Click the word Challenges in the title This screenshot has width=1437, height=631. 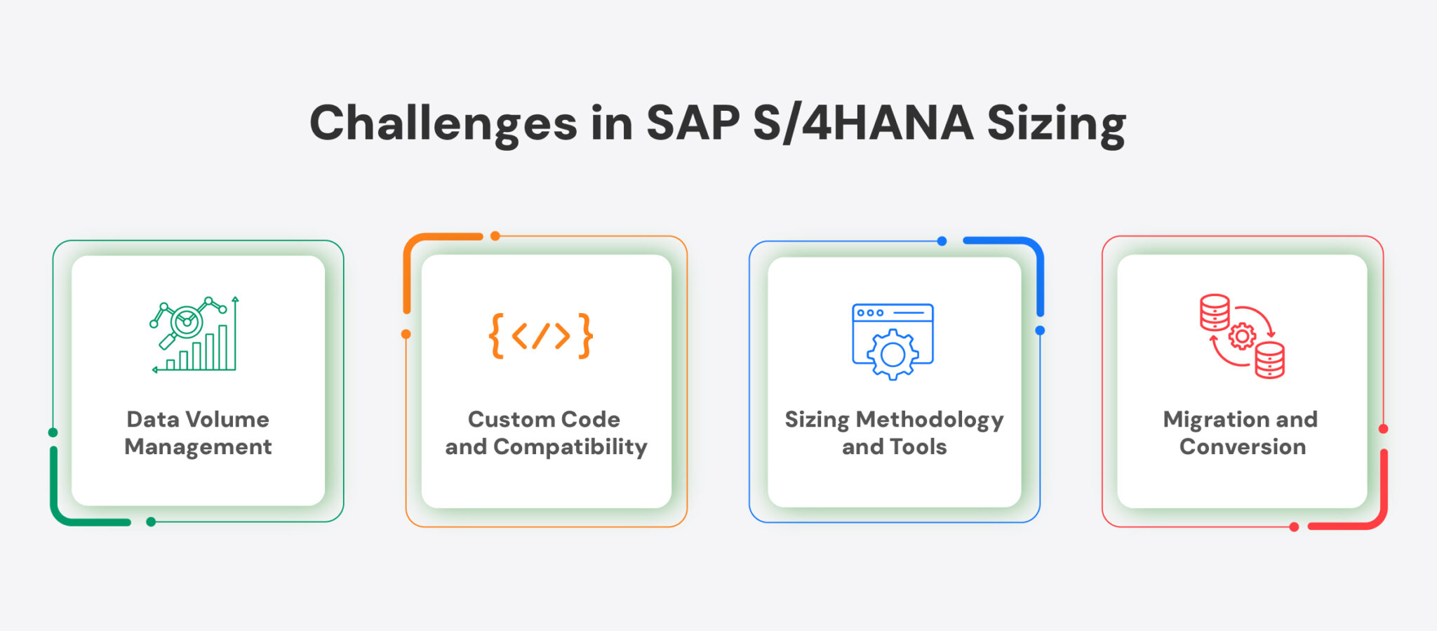(443, 124)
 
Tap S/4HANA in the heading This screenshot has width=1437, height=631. (863, 124)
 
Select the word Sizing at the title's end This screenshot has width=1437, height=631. (1056, 124)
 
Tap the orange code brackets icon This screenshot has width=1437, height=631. (540, 336)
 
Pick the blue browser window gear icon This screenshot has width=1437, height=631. (893, 341)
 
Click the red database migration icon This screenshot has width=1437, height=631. (1242, 336)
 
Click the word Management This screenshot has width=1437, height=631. (198, 447)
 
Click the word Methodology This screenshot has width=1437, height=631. (930, 420)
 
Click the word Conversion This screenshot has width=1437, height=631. (1242, 447)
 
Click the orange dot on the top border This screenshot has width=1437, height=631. (495, 236)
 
